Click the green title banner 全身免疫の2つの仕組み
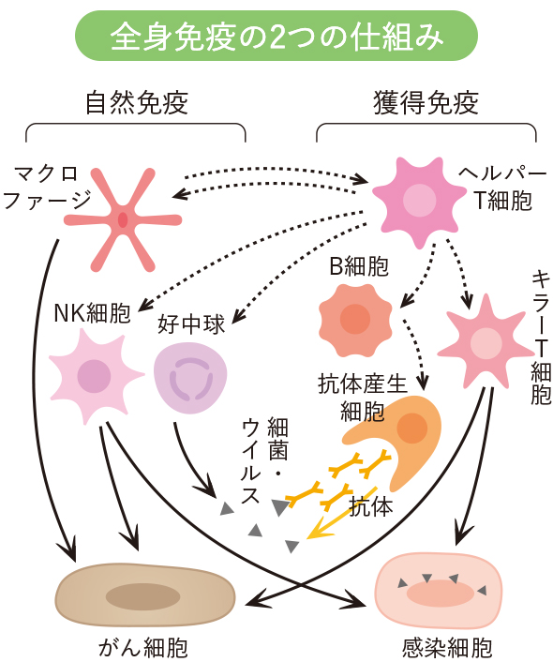click(x=276, y=36)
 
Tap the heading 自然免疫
click(x=136, y=102)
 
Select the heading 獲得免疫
click(x=426, y=102)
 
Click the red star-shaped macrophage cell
click(x=123, y=219)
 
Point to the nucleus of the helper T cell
click(x=419, y=201)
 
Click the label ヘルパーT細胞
click(x=502, y=187)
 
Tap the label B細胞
click(x=359, y=266)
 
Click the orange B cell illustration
click(x=355, y=320)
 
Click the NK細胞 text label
click(x=93, y=313)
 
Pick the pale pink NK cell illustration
click(x=95, y=375)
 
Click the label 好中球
click(x=191, y=324)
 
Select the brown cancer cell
click(x=145, y=595)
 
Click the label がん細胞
click(x=143, y=648)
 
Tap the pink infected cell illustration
click(x=439, y=591)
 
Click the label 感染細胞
click(x=447, y=648)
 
